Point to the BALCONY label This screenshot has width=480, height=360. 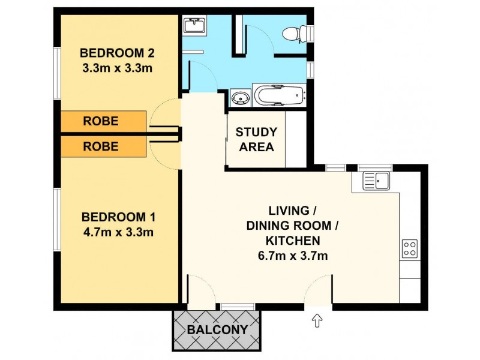217,329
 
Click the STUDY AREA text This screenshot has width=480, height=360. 256,139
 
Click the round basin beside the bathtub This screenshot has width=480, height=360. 240,97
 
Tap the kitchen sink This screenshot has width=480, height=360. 376,179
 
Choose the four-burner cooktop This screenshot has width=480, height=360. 409,248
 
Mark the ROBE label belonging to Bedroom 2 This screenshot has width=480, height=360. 100,121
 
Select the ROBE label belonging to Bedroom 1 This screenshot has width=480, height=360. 100,146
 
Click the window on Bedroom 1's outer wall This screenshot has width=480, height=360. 56,219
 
